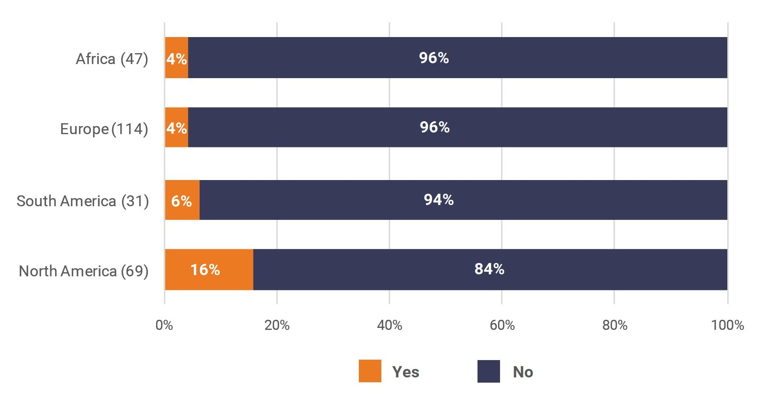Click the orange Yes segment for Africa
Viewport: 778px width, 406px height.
click(x=177, y=58)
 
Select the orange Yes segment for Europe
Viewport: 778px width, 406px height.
click(x=177, y=127)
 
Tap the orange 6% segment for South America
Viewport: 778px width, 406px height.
click(x=182, y=200)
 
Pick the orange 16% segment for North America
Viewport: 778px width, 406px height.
click(x=209, y=269)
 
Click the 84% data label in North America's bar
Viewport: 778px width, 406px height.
click(x=489, y=269)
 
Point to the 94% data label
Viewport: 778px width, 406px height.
click(x=438, y=200)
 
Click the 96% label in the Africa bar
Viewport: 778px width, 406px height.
click(x=434, y=58)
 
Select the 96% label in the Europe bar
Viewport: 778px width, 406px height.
click(x=434, y=127)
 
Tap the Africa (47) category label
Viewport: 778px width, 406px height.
click(x=112, y=59)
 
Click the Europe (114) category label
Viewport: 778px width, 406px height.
click(x=104, y=129)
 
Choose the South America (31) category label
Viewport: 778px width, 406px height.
click(x=82, y=201)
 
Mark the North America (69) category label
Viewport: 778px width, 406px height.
click(x=83, y=271)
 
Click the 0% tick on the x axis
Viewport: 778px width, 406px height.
click(x=164, y=325)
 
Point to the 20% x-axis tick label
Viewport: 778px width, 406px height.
click(x=277, y=325)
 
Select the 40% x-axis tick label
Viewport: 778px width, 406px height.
click(x=389, y=325)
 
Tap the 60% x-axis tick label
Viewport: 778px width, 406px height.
click(x=502, y=325)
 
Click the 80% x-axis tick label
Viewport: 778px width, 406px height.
click(x=615, y=325)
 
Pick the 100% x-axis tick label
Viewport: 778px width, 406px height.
click(x=727, y=325)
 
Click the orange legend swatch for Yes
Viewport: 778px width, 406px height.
click(x=370, y=371)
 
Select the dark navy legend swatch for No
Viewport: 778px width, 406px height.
click(x=488, y=371)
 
